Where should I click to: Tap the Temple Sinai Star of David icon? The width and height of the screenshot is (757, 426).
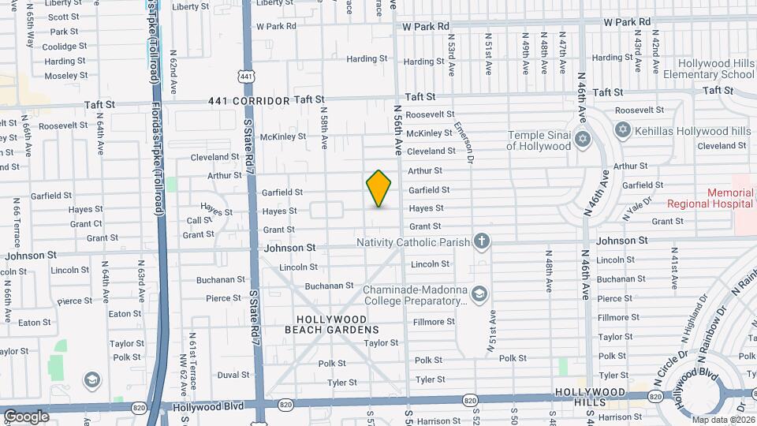tap(584, 140)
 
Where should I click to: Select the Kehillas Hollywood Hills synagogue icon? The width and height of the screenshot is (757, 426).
tap(623, 129)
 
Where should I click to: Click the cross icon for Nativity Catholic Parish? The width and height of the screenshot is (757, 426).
tap(481, 242)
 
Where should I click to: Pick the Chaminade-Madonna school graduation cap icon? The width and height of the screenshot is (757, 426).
tap(479, 294)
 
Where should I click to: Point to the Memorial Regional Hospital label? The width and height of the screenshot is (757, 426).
tap(709, 197)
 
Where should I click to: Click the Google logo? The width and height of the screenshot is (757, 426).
tap(26, 416)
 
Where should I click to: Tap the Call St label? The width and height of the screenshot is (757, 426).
tap(200, 221)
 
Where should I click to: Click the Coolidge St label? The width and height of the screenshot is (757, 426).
tap(58, 47)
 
